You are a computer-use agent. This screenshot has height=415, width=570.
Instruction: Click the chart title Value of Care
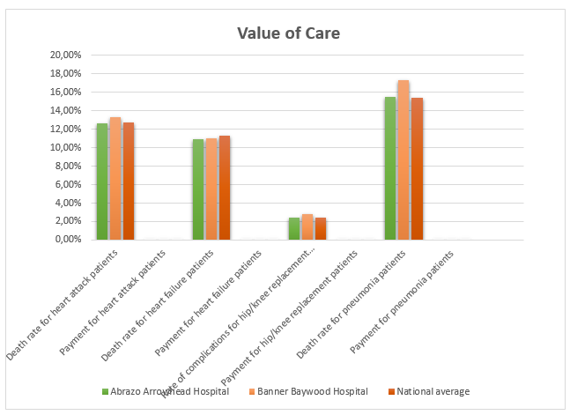288,33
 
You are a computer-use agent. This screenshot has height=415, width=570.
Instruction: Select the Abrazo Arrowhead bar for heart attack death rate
102,182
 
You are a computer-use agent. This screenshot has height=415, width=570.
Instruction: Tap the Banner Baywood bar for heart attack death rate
115,179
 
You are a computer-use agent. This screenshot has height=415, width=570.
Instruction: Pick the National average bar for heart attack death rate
129,182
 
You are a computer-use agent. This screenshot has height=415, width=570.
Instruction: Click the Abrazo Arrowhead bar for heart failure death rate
198,189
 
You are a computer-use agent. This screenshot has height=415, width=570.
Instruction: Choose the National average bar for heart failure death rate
225,188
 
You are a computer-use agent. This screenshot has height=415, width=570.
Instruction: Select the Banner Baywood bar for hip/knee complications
307,226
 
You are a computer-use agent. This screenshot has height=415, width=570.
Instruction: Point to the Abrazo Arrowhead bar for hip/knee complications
294,228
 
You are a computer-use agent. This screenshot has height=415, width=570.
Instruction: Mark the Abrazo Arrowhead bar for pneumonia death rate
390,168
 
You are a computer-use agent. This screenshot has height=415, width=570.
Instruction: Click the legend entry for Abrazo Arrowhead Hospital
166,391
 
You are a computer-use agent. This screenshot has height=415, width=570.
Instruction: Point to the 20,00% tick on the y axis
66,55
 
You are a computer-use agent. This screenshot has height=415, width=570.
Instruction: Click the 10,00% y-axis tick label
66,147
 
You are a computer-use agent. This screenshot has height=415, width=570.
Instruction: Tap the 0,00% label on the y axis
68,240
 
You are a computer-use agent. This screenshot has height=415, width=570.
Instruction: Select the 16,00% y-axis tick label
66,92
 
